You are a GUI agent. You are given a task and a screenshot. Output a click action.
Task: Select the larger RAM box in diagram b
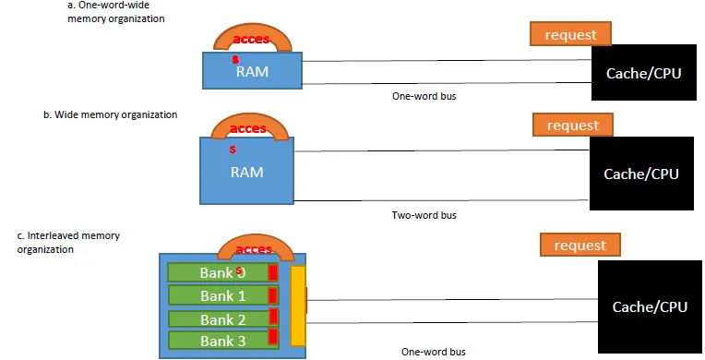246,171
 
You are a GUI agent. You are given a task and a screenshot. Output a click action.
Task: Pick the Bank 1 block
221,295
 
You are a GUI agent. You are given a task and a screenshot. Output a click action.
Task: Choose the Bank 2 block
221,319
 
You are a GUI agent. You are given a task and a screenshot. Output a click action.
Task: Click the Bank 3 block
221,342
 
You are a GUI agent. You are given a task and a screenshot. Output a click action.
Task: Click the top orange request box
569,35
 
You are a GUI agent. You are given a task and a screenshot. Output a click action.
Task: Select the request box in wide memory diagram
572,125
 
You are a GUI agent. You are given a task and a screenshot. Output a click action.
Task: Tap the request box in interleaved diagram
580,245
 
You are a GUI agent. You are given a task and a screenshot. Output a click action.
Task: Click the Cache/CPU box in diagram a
643,73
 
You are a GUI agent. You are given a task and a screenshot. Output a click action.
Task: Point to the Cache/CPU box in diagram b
640,174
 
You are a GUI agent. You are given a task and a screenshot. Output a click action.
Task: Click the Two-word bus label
424,215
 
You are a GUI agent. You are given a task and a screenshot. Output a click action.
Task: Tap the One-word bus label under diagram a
424,94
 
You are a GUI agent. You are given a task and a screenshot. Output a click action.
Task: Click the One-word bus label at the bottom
433,352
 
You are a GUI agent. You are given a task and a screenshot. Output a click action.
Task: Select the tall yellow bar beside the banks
298,305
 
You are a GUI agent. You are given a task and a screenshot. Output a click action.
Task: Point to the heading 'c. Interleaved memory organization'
69,243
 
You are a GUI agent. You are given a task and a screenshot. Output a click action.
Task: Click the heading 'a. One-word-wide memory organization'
114,12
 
